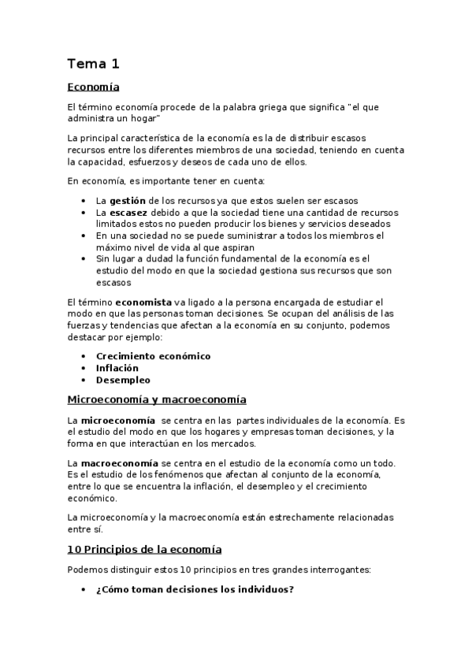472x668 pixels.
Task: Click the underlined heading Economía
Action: click(93, 87)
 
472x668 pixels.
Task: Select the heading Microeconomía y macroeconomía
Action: click(157, 399)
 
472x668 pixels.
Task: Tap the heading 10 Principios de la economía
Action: click(144, 549)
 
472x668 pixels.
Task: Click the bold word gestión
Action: click(128, 201)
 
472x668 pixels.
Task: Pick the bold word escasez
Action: click(128, 213)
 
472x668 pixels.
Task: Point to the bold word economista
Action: click(146, 302)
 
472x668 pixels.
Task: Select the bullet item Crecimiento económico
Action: click(153, 356)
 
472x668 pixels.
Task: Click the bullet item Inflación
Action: click(117, 368)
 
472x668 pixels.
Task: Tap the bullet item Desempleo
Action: click(123, 380)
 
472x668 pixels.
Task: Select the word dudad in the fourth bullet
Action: click(170, 258)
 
